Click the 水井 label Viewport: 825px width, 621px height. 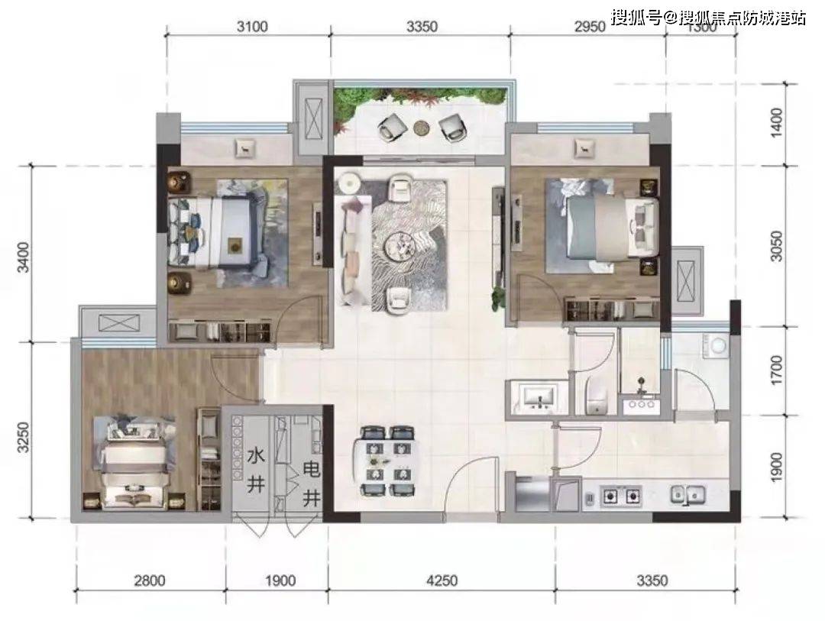click(x=255, y=469)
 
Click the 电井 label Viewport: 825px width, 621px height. click(x=311, y=482)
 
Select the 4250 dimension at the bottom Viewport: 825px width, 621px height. click(x=442, y=581)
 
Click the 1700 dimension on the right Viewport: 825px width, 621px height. click(x=777, y=372)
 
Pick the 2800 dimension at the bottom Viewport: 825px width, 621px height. click(x=150, y=581)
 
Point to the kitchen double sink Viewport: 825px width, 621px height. click(x=688, y=495)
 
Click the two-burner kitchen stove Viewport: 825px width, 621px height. click(x=621, y=496)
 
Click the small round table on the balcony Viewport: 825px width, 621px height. click(x=421, y=125)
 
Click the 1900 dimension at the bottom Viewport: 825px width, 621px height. click(x=281, y=581)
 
